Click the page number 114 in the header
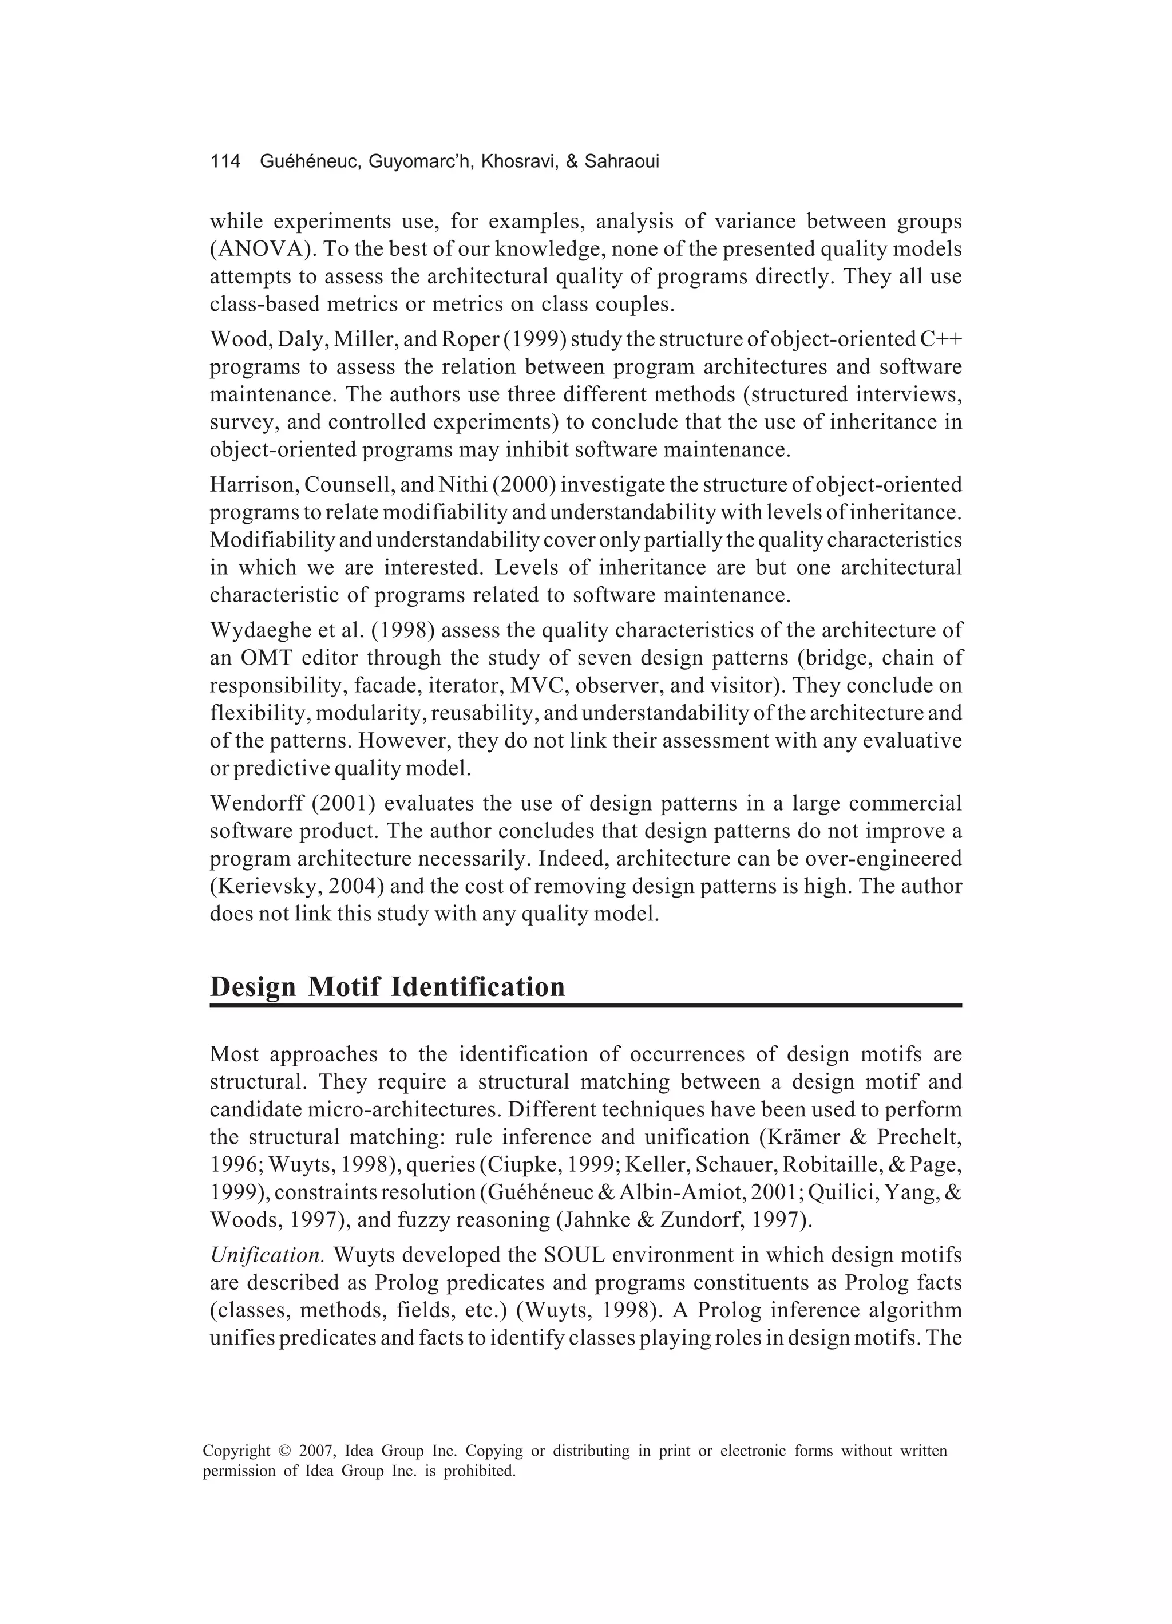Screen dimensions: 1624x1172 225,162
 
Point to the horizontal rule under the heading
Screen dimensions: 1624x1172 585,1006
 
